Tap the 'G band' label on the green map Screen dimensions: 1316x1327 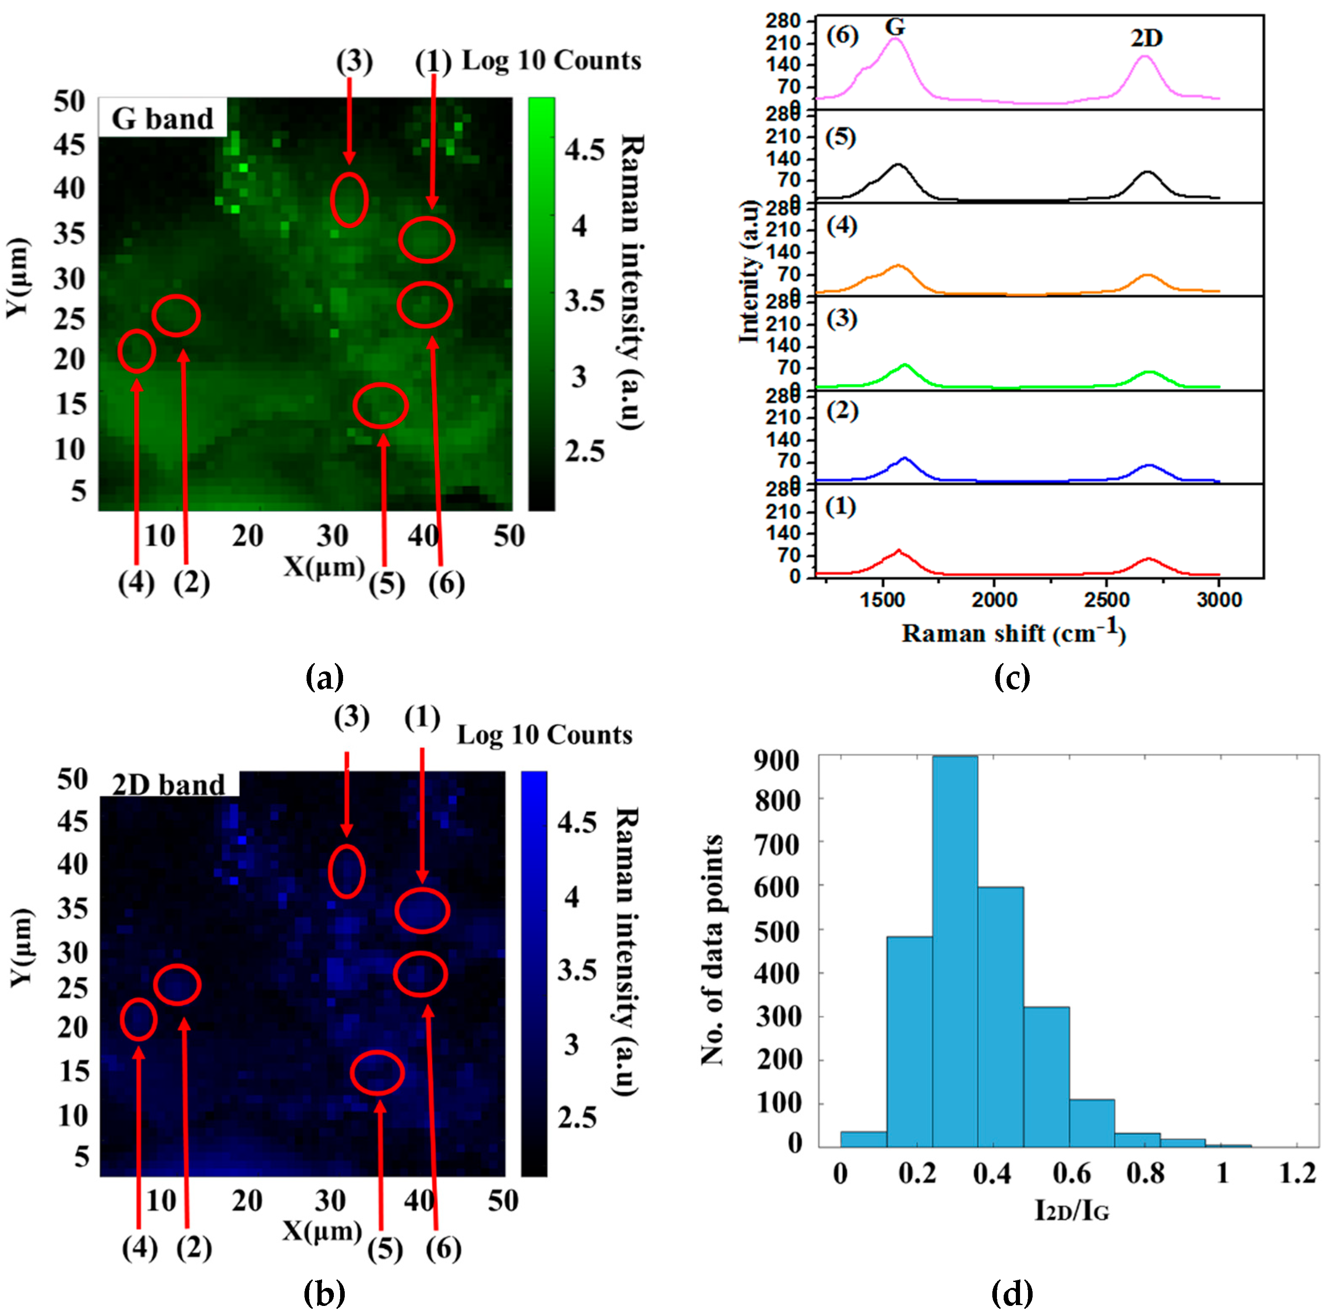163,119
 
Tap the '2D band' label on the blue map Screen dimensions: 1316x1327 169,785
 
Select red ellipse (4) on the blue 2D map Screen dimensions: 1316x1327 139,1019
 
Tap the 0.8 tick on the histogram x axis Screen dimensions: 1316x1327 1145,1173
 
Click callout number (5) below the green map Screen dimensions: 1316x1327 387,585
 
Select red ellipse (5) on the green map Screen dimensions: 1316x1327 380,405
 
